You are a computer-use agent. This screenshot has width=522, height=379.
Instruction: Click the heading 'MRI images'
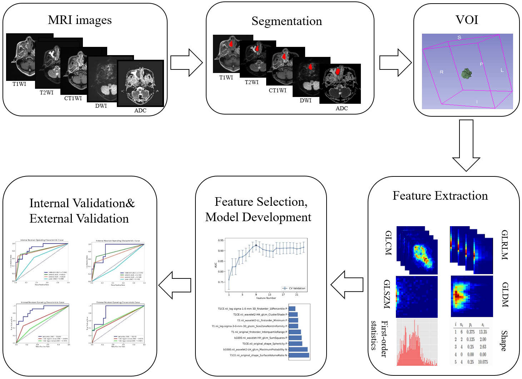80,20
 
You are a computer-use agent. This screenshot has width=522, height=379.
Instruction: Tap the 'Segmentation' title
287,21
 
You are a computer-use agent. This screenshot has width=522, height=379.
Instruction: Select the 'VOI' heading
467,20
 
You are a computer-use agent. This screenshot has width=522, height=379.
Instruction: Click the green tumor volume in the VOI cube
466,74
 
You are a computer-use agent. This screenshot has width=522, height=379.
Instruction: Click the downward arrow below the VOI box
466,145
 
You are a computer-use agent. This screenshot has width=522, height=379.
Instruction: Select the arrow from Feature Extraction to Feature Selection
347,285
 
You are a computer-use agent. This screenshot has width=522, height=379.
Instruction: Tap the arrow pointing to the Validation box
175,285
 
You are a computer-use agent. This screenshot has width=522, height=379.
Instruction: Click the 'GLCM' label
388,243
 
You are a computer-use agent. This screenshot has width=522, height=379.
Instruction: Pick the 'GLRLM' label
504,245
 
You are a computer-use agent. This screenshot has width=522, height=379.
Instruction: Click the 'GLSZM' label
387,294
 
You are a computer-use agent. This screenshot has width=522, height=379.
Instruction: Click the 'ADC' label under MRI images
140,111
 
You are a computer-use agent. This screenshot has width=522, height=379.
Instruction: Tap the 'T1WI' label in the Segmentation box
226,78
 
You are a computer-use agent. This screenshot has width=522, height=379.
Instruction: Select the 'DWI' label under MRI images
101,106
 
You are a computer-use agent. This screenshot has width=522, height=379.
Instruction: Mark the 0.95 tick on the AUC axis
221,240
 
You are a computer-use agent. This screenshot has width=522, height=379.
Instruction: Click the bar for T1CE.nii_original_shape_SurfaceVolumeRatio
299,355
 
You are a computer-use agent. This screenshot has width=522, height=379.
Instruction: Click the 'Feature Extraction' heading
440,196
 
